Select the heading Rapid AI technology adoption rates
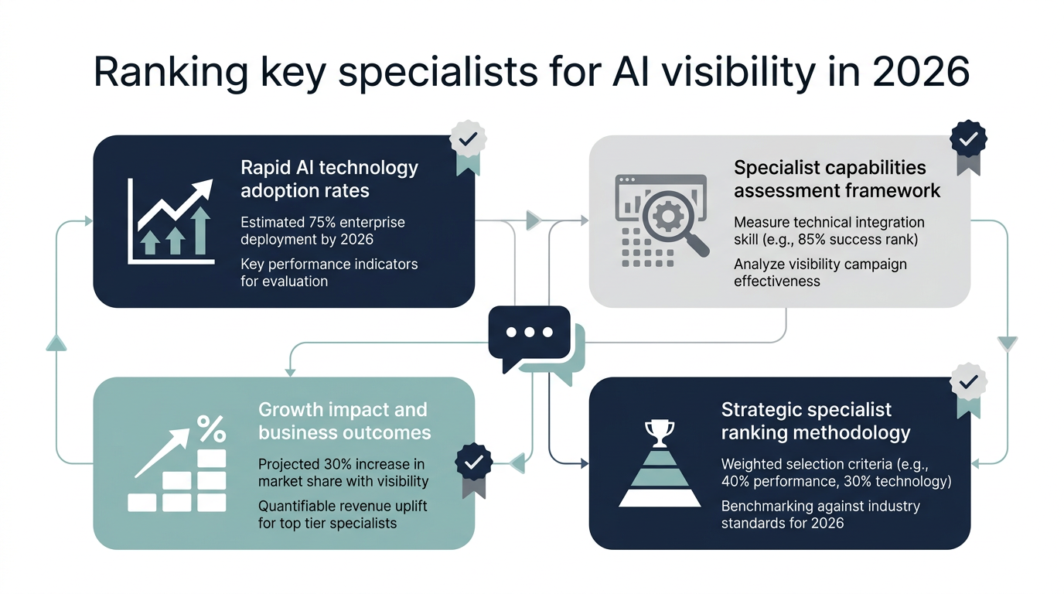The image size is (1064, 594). [x=329, y=179]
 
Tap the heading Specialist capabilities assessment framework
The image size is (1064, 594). [x=837, y=179]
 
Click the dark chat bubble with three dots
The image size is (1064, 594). [x=530, y=333]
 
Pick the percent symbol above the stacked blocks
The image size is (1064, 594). [x=210, y=427]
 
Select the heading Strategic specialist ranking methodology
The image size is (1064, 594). [x=815, y=421]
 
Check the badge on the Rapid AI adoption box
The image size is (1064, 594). [x=468, y=141]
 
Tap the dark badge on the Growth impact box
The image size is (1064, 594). [x=474, y=463]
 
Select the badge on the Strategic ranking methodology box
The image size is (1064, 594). [x=968, y=381]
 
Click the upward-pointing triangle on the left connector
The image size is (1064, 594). [x=56, y=343]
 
